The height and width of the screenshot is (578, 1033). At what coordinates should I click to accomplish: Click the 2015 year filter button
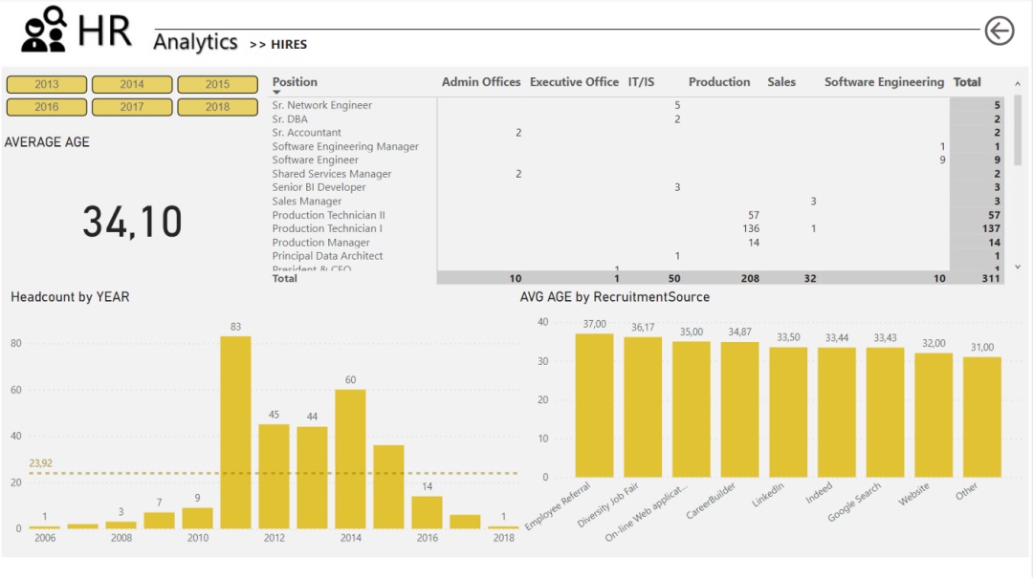pos(217,85)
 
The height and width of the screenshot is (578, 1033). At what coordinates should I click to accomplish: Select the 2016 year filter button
pos(47,107)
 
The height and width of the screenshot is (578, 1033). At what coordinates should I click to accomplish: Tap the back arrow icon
pos(999,32)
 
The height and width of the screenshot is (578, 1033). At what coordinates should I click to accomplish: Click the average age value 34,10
pos(132,222)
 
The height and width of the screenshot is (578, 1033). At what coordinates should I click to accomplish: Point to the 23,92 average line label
pos(40,462)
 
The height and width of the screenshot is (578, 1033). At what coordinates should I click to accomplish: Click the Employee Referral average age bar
pos(594,405)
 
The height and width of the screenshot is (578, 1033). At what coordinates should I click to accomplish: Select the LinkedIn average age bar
pos(788,412)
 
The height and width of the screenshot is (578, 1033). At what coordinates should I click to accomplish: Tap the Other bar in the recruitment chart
pos(981,417)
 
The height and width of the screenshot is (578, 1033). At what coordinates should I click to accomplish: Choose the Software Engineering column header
pos(884,82)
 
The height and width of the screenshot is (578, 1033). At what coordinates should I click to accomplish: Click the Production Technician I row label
pos(326,228)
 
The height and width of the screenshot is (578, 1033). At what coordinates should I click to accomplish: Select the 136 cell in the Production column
pos(751,228)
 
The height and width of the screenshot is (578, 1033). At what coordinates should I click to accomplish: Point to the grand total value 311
pos(992,278)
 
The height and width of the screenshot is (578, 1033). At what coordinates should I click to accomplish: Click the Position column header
pos(295,82)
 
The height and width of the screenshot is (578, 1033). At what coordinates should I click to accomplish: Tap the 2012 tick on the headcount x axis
pos(275,538)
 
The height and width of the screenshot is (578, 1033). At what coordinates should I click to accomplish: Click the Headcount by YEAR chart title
pos(70,297)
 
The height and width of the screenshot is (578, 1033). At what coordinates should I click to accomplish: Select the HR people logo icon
pos(44,30)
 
